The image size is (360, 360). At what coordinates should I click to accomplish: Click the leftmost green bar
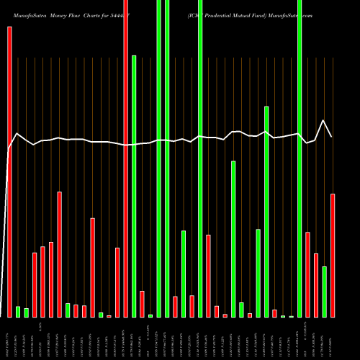click(18, 311)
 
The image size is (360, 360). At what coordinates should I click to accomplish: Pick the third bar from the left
click(26, 312)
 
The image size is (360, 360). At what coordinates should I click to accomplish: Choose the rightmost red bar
click(333, 255)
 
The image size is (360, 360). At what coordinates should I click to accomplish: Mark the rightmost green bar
click(324, 292)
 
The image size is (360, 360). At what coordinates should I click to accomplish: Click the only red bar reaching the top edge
click(126, 158)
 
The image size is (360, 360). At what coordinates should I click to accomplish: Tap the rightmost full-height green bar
click(300, 158)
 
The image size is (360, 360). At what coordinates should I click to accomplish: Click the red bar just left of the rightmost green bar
click(316, 285)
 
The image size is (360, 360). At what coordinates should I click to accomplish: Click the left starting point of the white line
click(9, 148)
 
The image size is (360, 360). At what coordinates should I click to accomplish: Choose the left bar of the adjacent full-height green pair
click(159, 158)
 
